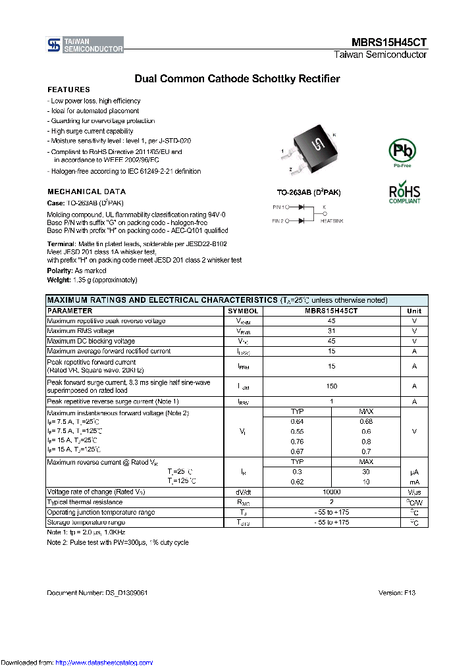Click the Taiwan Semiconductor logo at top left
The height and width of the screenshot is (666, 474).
tap(85, 45)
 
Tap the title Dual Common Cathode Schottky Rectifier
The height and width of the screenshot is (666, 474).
tap(237, 79)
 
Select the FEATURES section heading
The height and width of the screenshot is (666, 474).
tap(68, 90)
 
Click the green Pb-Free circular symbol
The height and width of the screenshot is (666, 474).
tap(403, 151)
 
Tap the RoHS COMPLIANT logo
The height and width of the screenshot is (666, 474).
tap(404, 193)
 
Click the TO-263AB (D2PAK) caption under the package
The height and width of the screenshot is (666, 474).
tap(308, 192)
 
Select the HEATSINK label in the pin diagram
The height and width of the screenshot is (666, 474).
tap(332, 221)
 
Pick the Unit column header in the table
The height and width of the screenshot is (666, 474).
tap(414, 311)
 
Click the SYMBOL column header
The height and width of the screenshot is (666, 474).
tap(244, 311)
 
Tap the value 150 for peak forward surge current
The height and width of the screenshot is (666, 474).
tap(331, 386)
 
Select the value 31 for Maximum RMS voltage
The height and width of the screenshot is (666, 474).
tap(331, 331)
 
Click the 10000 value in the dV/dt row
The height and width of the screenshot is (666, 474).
tap(331, 492)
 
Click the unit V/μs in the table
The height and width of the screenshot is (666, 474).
tap(414, 492)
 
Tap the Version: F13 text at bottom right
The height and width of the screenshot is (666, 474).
tap(397, 593)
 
